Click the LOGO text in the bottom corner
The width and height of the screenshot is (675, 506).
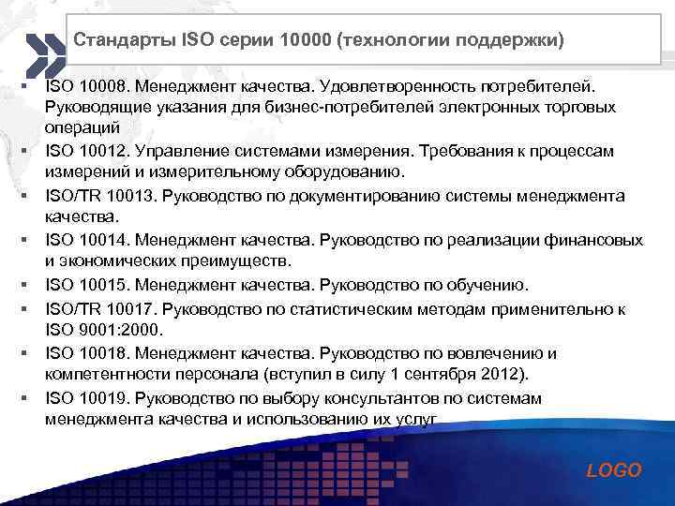tap(613, 470)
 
